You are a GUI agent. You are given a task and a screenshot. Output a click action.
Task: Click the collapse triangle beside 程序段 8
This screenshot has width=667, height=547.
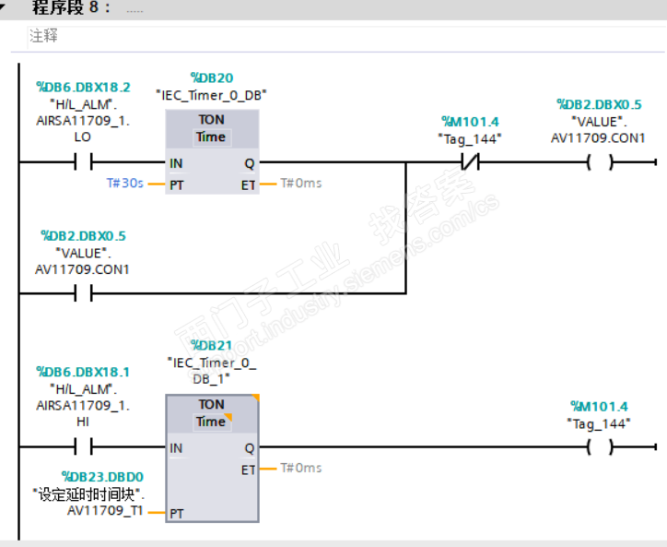click(7, 7)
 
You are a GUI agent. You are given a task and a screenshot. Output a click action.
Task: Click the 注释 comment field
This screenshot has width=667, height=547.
click(43, 37)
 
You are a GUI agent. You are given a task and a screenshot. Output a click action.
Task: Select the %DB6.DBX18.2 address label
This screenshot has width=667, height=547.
click(83, 88)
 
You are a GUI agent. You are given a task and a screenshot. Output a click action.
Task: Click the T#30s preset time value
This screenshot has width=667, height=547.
click(124, 184)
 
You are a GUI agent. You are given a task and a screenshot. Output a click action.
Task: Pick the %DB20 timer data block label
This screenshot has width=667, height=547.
click(211, 77)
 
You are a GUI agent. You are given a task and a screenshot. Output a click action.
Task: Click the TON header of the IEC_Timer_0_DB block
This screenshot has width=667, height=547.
click(211, 120)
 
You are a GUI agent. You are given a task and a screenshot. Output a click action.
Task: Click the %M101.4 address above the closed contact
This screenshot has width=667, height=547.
click(469, 121)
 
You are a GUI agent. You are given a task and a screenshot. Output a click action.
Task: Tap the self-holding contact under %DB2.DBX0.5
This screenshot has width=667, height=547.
click(83, 294)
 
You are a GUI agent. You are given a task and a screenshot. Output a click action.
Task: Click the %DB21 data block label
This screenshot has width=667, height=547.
click(211, 345)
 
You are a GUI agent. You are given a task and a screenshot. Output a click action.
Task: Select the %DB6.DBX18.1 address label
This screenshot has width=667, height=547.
click(83, 372)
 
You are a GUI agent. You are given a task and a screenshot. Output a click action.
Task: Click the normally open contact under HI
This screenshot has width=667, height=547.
click(83, 448)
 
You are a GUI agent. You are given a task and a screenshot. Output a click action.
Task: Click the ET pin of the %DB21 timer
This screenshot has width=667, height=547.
click(248, 470)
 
